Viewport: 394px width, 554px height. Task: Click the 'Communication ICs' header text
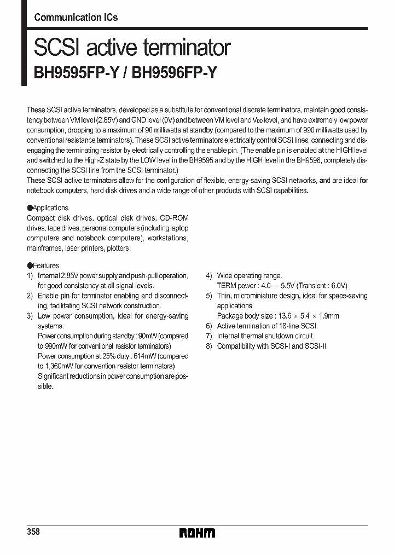[76, 18]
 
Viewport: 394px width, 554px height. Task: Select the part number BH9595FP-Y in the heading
[75, 73]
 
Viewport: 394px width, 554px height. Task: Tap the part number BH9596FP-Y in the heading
[176, 73]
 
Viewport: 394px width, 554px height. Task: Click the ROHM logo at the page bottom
[197, 533]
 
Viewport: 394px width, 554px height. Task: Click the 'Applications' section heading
[50, 208]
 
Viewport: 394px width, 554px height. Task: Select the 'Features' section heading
[45, 266]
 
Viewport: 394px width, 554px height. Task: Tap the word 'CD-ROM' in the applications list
[175, 218]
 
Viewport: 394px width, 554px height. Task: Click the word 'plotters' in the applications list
[118, 248]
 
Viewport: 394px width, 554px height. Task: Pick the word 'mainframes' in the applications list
[44, 248]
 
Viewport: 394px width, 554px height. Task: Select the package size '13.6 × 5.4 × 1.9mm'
[308, 316]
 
